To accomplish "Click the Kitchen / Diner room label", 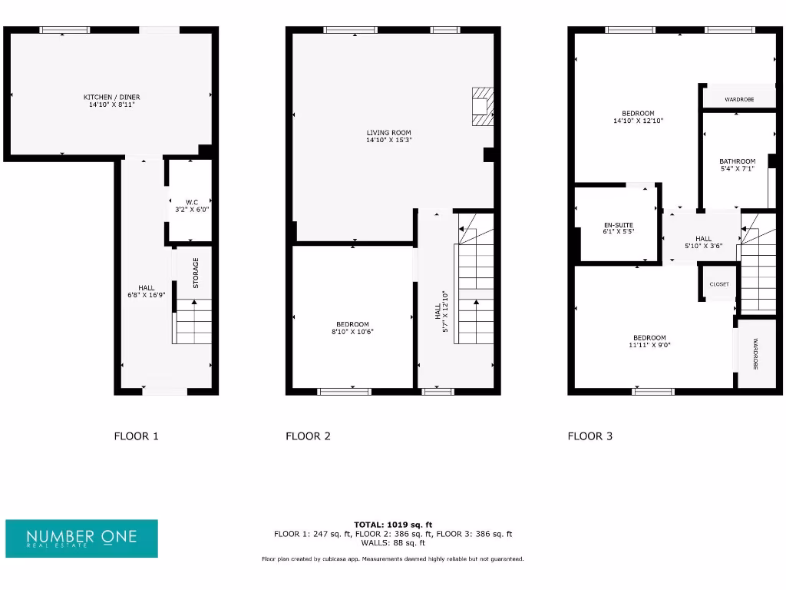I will coord(112,97).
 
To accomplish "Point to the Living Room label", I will coord(389,132).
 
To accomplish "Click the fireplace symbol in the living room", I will coord(482,107).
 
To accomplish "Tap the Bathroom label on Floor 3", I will coord(737,161).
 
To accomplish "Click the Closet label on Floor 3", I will coord(719,284).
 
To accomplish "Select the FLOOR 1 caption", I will coord(136,436).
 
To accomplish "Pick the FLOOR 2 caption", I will coord(308,436).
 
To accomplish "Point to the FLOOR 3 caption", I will coord(589,436).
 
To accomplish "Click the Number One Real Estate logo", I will coord(81,538).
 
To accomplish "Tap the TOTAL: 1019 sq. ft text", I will coord(392,524).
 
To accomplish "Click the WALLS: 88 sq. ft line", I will coord(392,542).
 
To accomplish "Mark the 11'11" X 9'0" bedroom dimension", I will coord(649,346).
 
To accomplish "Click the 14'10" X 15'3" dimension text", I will coord(389,140).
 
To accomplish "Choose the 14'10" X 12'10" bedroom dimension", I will coord(638,121).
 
